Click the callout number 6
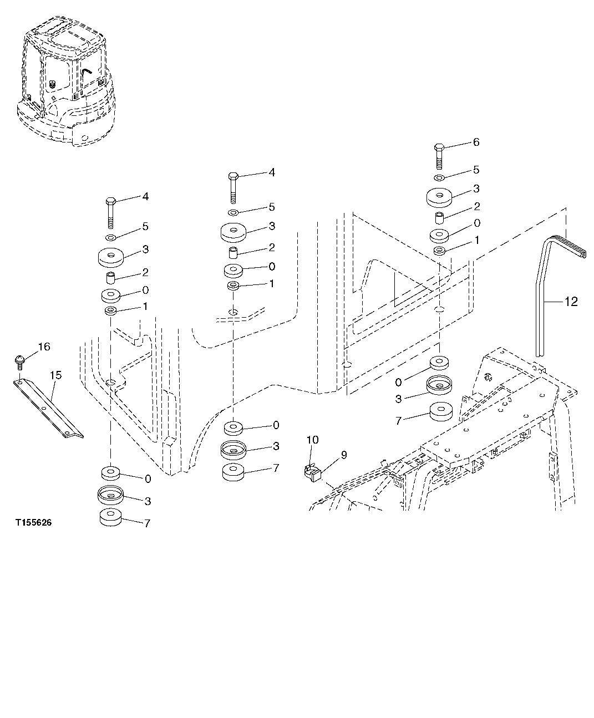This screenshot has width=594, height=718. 476,142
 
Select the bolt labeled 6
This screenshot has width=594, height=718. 438,156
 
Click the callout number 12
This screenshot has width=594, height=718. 571,302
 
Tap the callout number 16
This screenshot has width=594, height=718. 44,347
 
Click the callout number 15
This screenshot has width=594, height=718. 55,375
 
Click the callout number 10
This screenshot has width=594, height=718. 312,440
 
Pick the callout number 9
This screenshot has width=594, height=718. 343,455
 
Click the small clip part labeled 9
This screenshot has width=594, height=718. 313,471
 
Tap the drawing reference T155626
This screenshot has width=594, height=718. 33,523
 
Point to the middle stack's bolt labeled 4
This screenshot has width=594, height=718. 233,189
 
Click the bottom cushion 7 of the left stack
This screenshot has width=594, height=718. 111,517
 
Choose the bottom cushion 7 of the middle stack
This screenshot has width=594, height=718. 233,472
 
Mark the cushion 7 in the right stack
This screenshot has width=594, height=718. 441,411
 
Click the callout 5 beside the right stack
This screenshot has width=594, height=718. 476,170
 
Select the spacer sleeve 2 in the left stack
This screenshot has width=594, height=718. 111,276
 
